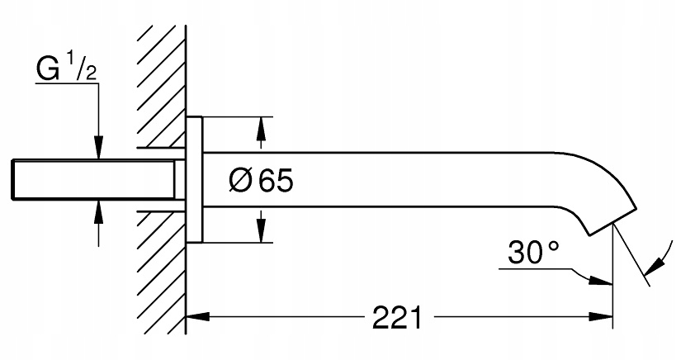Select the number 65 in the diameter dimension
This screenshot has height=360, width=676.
click(275, 180)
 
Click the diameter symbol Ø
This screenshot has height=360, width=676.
click(239, 180)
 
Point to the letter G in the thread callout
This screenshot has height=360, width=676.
click(48, 70)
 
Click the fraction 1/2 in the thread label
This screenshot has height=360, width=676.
click(84, 67)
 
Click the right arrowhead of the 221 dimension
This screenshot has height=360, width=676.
click(603, 316)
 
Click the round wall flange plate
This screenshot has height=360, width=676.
click(194, 179)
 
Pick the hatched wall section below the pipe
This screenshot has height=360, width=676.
click(162, 272)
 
